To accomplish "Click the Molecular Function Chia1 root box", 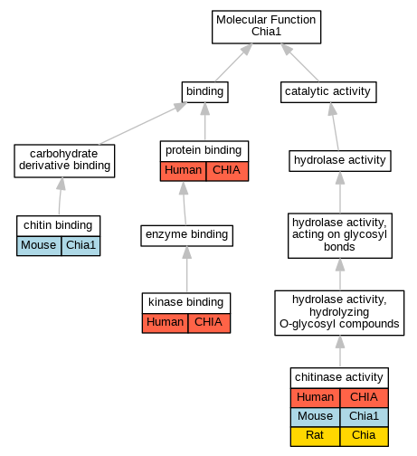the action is point(266,27).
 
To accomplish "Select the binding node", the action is point(204,92).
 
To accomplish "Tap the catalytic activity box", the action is point(328,92).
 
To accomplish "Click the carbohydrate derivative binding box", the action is point(64,161).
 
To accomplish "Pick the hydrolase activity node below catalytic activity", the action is point(340,161).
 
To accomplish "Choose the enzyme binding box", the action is point(186,235).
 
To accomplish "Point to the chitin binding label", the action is point(58,225).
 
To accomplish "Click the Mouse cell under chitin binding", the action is point(39,246).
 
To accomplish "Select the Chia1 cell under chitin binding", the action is point(81,246).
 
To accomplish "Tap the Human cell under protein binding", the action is point(183,171).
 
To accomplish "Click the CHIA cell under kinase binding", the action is point(209,323).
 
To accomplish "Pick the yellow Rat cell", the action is point(315,436).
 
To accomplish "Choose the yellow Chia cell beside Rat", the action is point(364,436).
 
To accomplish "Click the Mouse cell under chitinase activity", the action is point(315,417).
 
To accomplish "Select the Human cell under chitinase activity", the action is point(315,398).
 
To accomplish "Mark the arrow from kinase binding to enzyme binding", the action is point(186,270).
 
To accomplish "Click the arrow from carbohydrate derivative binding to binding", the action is point(143,123).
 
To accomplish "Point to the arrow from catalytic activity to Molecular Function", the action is point(299,62).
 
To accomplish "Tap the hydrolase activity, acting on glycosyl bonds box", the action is point(340,235).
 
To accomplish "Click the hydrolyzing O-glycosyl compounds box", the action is point(339,313).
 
